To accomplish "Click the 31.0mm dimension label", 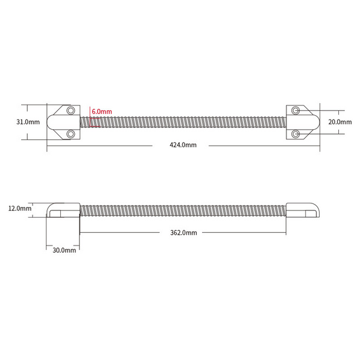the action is (x=28, y=122).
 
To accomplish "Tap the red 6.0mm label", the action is (x=102, y=112).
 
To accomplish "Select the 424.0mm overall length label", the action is (x=183, y=145).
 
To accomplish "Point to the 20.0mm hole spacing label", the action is (x=340, y=122).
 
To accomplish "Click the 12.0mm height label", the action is (x=20, y=209).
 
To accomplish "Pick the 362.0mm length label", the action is (x=183, y=233).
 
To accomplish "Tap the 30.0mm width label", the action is (x=64, y=250).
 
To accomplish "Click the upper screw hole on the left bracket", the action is (x=71, y=110).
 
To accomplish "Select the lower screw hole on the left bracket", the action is (x=71, y=134).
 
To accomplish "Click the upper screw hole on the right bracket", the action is (x=295, y=110).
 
